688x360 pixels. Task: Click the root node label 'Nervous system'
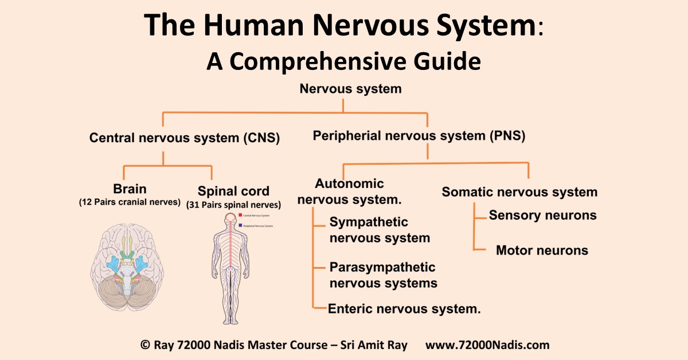pyautogui.click(x=343, y=89)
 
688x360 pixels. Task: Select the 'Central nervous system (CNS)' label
pyautogui.click(x=184, y=138)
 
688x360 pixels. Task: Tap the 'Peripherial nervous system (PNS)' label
pyautogui.click(x=419, y=136)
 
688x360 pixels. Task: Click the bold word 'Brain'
pyautogui.click(x=130, y=189)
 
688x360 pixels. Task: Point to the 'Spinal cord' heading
pyautogui.click(x=233, y=191)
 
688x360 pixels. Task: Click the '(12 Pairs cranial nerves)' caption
pyautogui.click(x=130, y=202)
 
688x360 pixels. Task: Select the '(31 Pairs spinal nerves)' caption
pyautogui.click(x=233, y=205)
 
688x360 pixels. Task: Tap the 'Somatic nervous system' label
pyautogui.click(x=519, y=192)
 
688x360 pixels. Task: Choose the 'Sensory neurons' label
pyautogui.click(x=542, y=215)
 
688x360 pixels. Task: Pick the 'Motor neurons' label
pyautogui.click(x=542, y=250)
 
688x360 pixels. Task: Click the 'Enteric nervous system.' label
pyautogui.click(x=404, y=308)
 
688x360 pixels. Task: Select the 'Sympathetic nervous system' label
pyautogui.click(x=380, y=230)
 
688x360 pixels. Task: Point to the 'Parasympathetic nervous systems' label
pyautogui.click(x=383, y=275)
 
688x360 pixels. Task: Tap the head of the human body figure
pyautogui.click(x=229, y=218)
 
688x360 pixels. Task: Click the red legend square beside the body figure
pyautogui.click(x=240, y=215)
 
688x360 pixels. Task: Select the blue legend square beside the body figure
pyautogui.click(x=240, y=226)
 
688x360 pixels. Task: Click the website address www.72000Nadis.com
pyautogui.click(x=487, y=345)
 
